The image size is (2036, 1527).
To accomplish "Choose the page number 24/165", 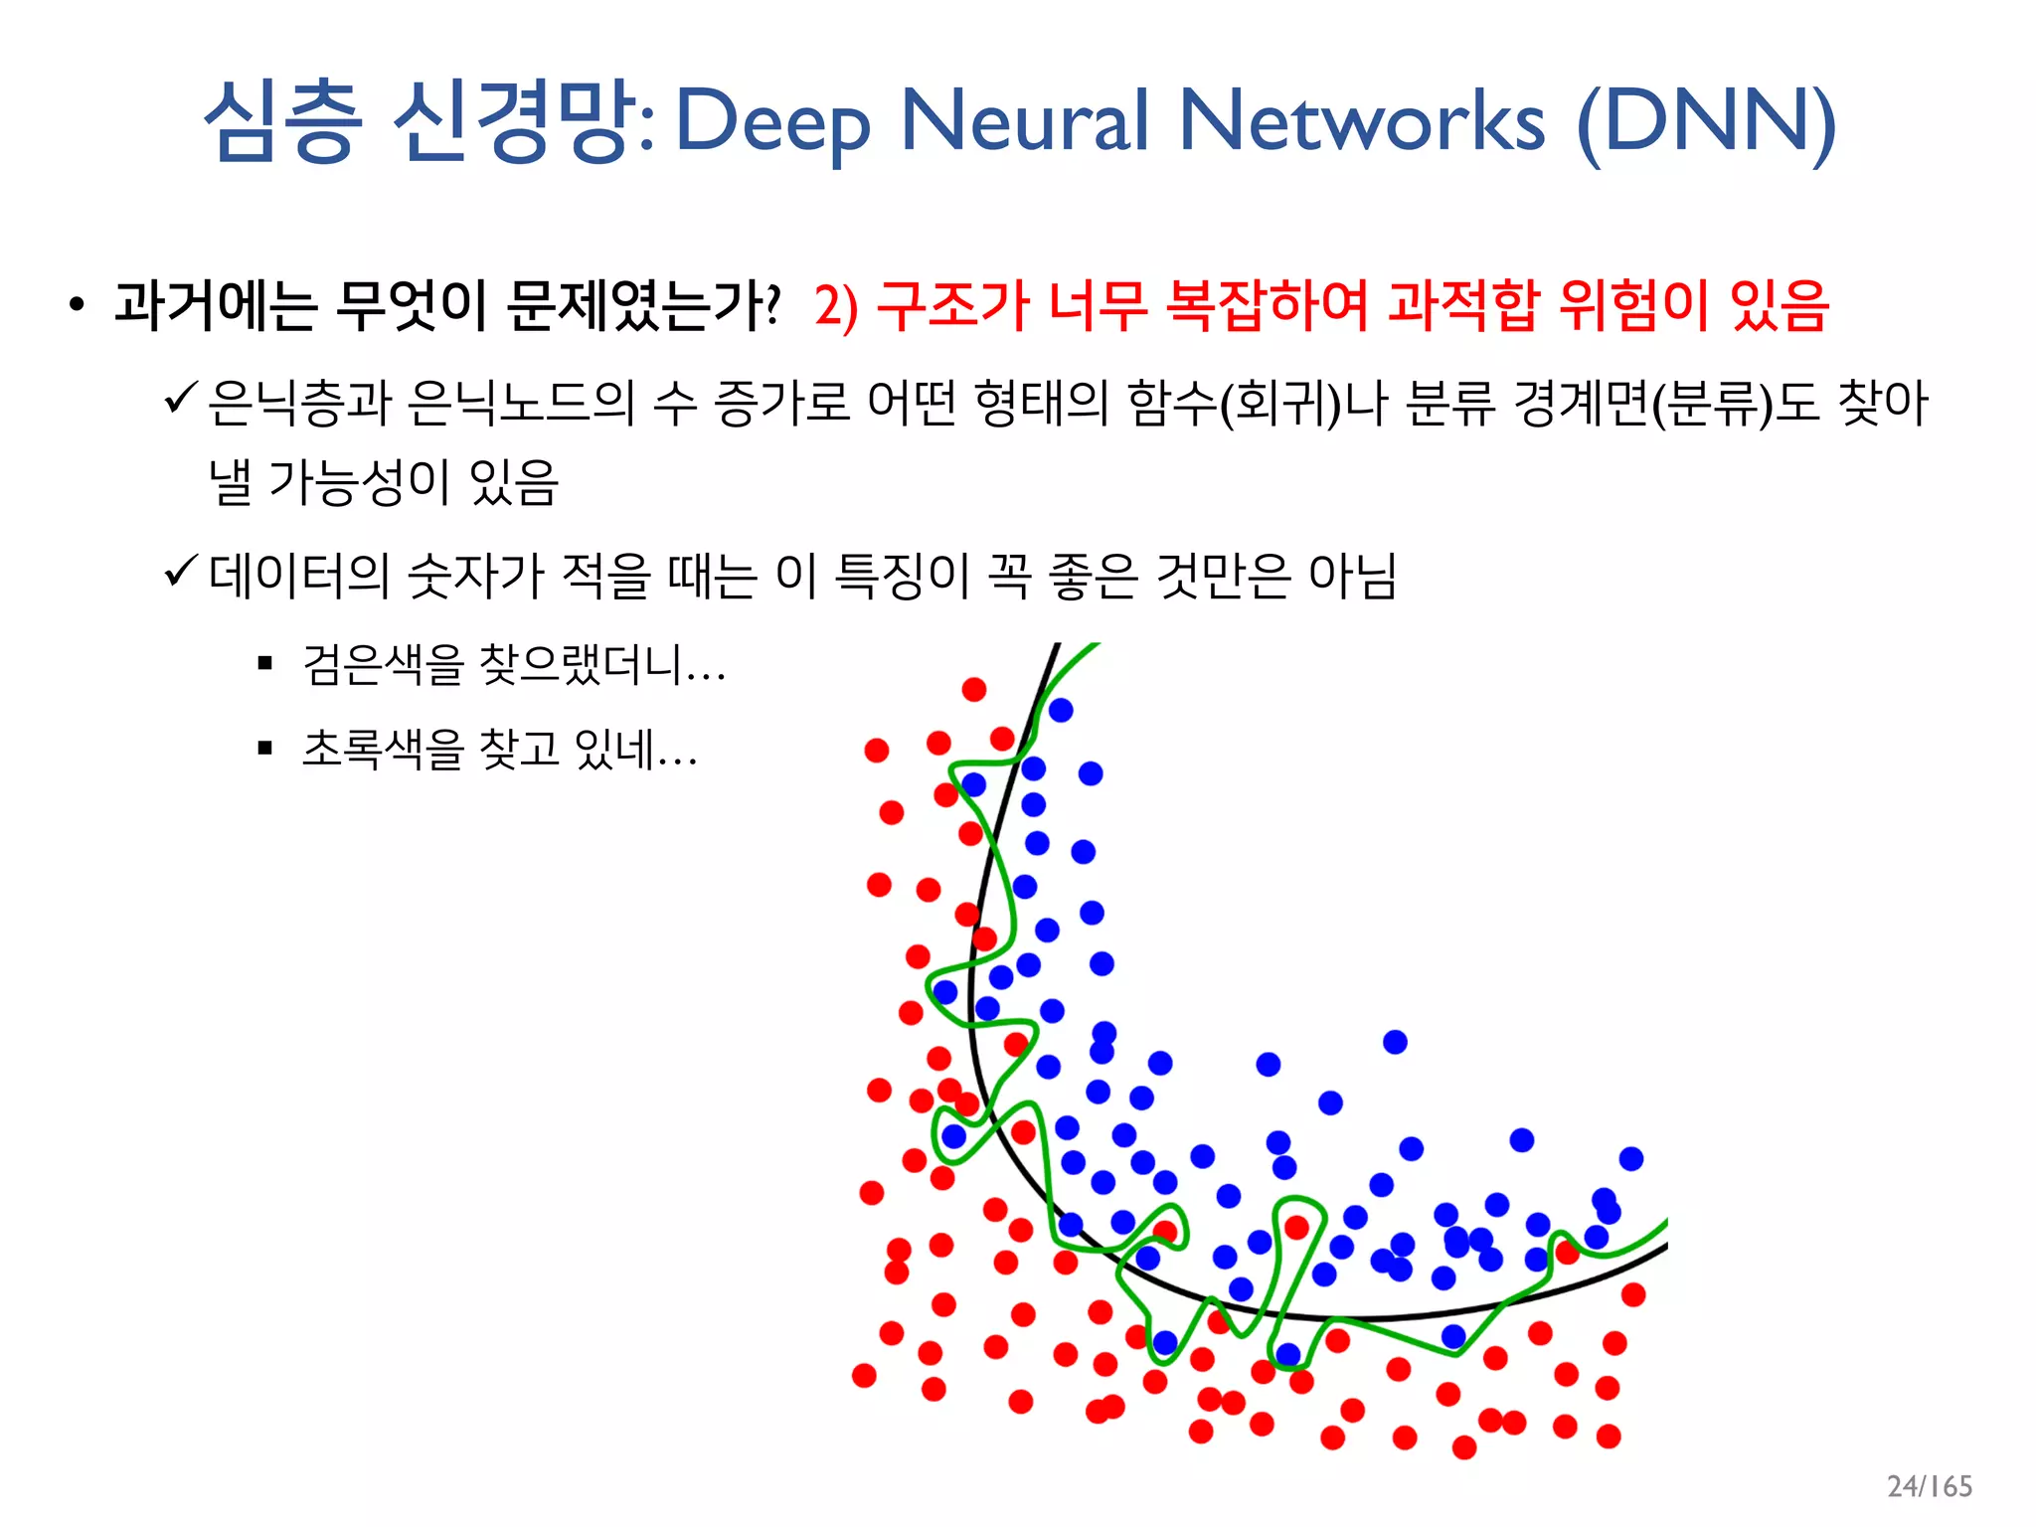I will click(x=1929, y=1485).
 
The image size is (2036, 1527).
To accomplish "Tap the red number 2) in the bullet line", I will click(x=835, y=306).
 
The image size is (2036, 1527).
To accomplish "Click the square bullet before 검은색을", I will click(x=264, y=663).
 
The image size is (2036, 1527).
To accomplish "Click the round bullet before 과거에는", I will click(x=77, y=305).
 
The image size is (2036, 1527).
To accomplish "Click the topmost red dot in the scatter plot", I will click(x=973, y=689).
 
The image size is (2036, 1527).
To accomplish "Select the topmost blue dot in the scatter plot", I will click(x=1060, y=710).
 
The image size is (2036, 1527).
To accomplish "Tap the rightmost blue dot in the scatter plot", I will click(x=1630, y=1158).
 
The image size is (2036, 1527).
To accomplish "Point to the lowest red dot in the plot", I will click(x=1463, y=1447).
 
